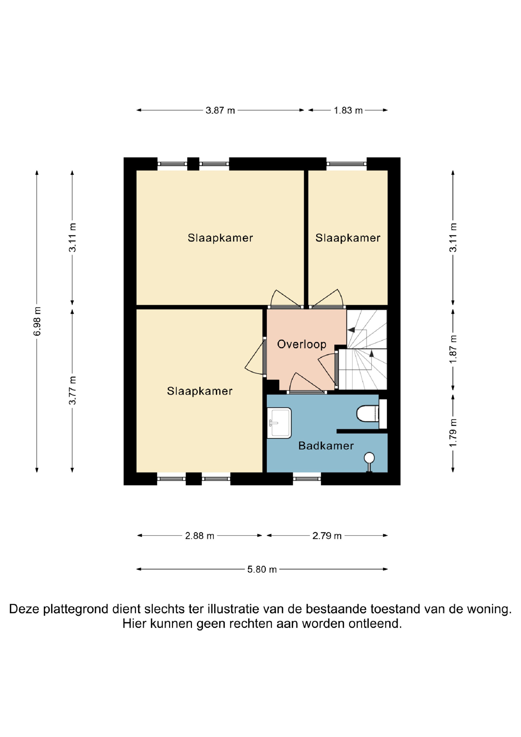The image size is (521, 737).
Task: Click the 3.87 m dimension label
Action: click(220, 110)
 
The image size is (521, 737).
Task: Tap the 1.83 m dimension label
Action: click(348, 110)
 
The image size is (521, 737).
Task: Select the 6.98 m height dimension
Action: click(37, 321)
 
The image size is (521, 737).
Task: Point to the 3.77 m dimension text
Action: click(72, 390)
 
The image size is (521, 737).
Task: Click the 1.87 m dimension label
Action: click(453, 349)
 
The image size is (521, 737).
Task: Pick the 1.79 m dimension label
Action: click(453, 433)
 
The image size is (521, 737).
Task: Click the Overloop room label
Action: click(301, 344)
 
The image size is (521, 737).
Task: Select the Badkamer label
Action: click(326, 445)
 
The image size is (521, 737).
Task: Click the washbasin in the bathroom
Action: click(280, 423)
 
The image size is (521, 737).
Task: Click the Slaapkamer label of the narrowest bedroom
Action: click(348, 238)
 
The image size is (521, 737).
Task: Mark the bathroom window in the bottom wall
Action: click(307, 479)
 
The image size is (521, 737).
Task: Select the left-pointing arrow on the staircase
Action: click(351, 330)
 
